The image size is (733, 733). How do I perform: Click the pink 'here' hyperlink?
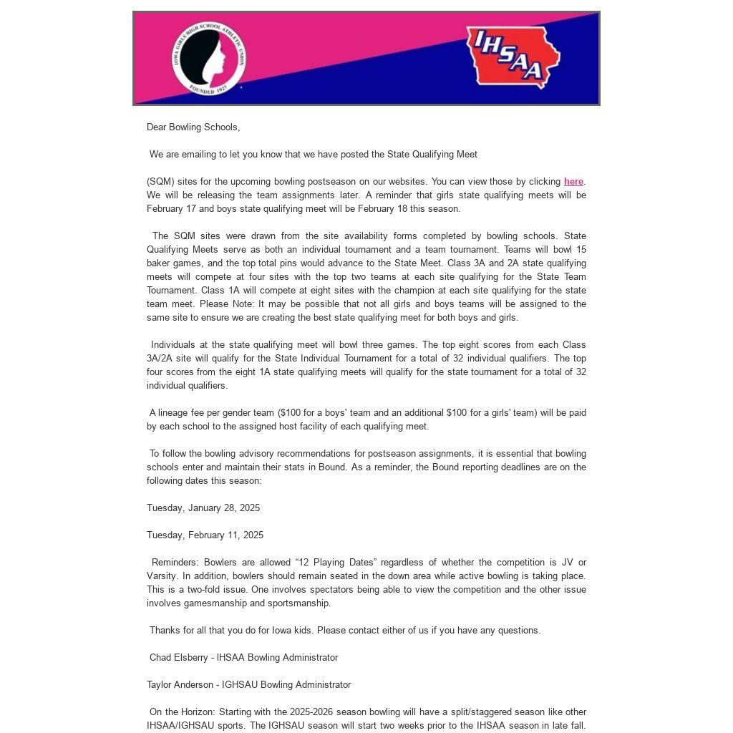click(x=573, y=182)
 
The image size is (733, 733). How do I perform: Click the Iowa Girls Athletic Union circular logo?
click(x=208, y=59)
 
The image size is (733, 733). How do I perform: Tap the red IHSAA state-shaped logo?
click(x=513, y=58)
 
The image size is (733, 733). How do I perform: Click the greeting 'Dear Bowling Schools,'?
click(x=193, y=127)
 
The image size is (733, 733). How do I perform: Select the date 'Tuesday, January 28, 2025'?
click(x=203, y=508)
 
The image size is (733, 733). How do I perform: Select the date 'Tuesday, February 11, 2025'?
click(x=205, y=535)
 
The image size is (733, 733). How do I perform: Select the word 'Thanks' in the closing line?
click(x=164, y=631)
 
